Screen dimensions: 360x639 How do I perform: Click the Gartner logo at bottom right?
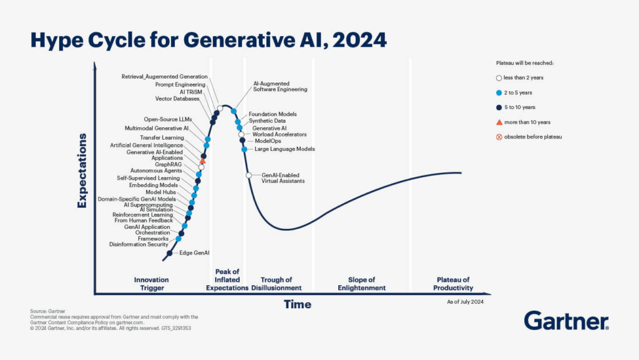(566, 321)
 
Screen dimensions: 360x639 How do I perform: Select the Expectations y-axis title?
(82, 170)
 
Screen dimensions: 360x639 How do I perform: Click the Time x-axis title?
(297, 304)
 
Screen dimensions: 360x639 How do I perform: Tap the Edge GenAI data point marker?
(170, 253)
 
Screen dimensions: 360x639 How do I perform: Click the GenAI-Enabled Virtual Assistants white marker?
(249, 175)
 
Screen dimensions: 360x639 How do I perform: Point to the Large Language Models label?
(285, 149)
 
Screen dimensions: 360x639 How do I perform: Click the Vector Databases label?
(177, 99)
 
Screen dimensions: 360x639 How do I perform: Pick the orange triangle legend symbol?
(499, 122)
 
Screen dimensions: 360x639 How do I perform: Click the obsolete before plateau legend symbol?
(499, 137)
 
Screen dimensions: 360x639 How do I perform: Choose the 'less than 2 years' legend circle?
(499, 78)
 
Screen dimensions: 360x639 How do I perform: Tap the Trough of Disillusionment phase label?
(276, 284)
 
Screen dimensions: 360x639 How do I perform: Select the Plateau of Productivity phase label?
(452, 284)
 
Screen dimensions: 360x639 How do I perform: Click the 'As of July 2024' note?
(466, 301)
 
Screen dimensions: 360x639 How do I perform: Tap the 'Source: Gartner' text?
(47, 311)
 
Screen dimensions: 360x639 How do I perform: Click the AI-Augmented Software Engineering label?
(280, 86)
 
